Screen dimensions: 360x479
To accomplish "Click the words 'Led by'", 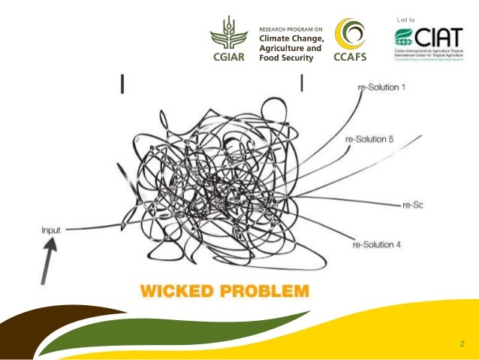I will coord(405,17).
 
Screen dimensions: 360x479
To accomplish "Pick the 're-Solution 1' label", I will coord(379,88).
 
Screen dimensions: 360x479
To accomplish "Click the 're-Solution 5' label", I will coord(369,139).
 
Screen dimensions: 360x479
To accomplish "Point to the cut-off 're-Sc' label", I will coord(413,204).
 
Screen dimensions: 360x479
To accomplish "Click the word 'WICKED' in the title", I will coord(173,289).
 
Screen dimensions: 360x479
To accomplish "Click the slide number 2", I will coord(462,344).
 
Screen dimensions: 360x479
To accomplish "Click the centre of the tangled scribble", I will coord(218,180).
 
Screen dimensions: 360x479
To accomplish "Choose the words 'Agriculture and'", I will coord(290,47).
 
